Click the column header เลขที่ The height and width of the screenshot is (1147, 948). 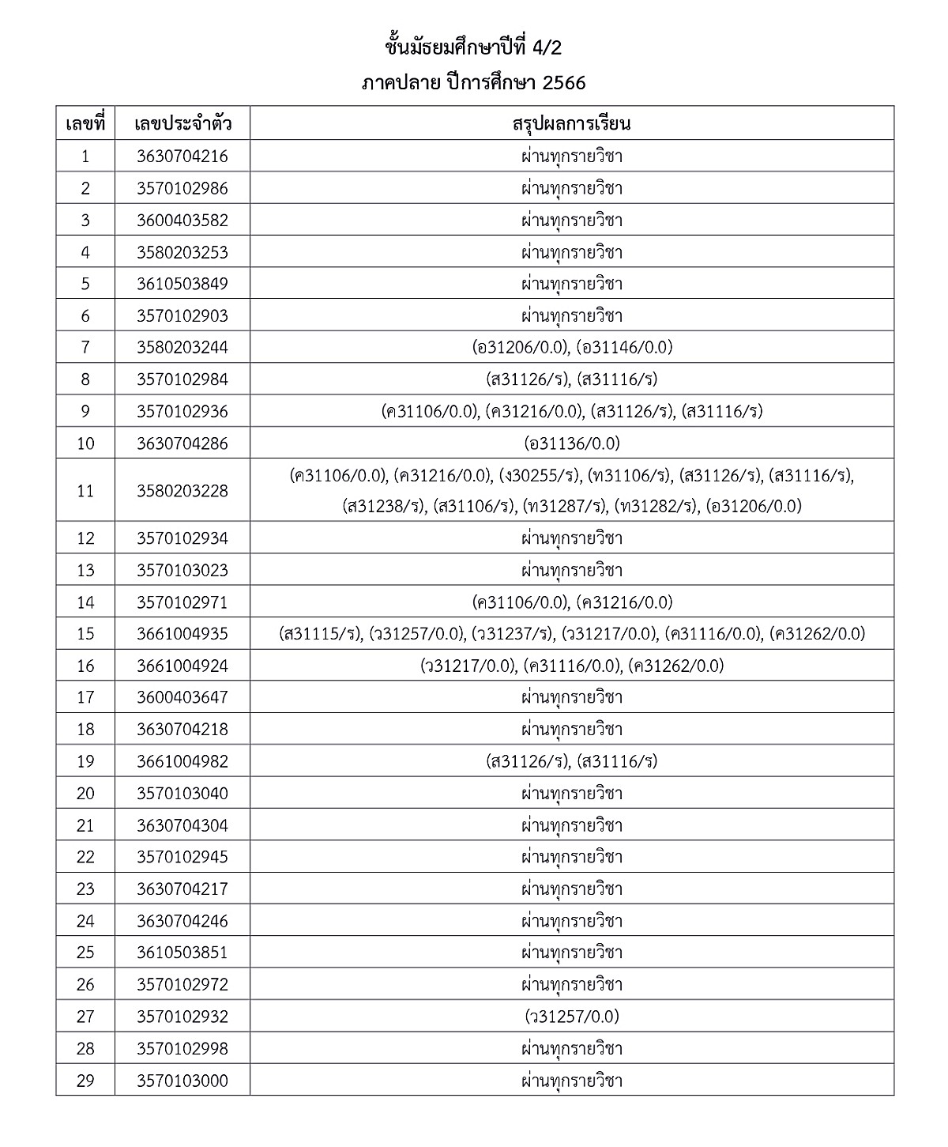click(85, 124)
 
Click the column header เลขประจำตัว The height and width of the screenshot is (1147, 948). click(182, 124)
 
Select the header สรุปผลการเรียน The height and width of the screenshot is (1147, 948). click(571, 124)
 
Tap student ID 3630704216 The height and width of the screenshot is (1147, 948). click(182, 157)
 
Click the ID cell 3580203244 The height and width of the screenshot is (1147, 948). click(182, 347)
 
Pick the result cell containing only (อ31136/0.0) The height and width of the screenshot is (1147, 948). click(571, 443)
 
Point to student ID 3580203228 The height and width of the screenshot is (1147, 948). click(182, 491)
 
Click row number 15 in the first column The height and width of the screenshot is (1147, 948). click(85, 634)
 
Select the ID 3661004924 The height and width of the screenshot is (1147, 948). click(182, 666)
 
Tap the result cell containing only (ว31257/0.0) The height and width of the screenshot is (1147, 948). click(571, 1016)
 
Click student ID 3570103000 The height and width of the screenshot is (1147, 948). click(182, 1080)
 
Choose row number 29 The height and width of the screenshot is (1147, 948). click(85, 1080)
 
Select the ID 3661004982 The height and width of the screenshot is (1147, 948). click(182, 761)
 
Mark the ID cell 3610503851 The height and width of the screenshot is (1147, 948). click(182, 953)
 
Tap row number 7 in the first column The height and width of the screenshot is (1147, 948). click(85, 347)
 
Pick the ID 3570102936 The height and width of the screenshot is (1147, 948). click(182, 411)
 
